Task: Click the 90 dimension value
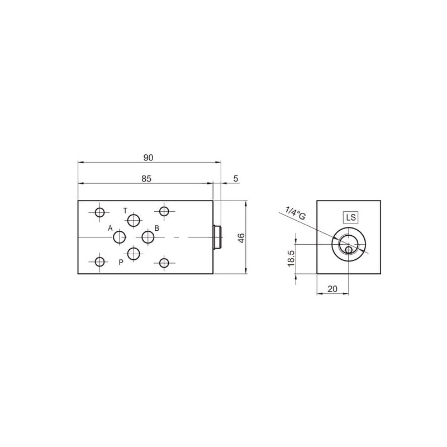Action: click(148, 158)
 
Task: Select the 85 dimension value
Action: click(146, 179)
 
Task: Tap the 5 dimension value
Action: click(235, 179)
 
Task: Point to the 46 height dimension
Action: click(241, 237)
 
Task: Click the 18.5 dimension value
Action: click(291, 259)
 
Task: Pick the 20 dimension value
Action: click(332, 289)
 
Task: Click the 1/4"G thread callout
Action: click(296, 213)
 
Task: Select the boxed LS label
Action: click(351, 217)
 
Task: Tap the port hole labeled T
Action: click(134, 220)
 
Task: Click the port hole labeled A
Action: click(120, 237)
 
